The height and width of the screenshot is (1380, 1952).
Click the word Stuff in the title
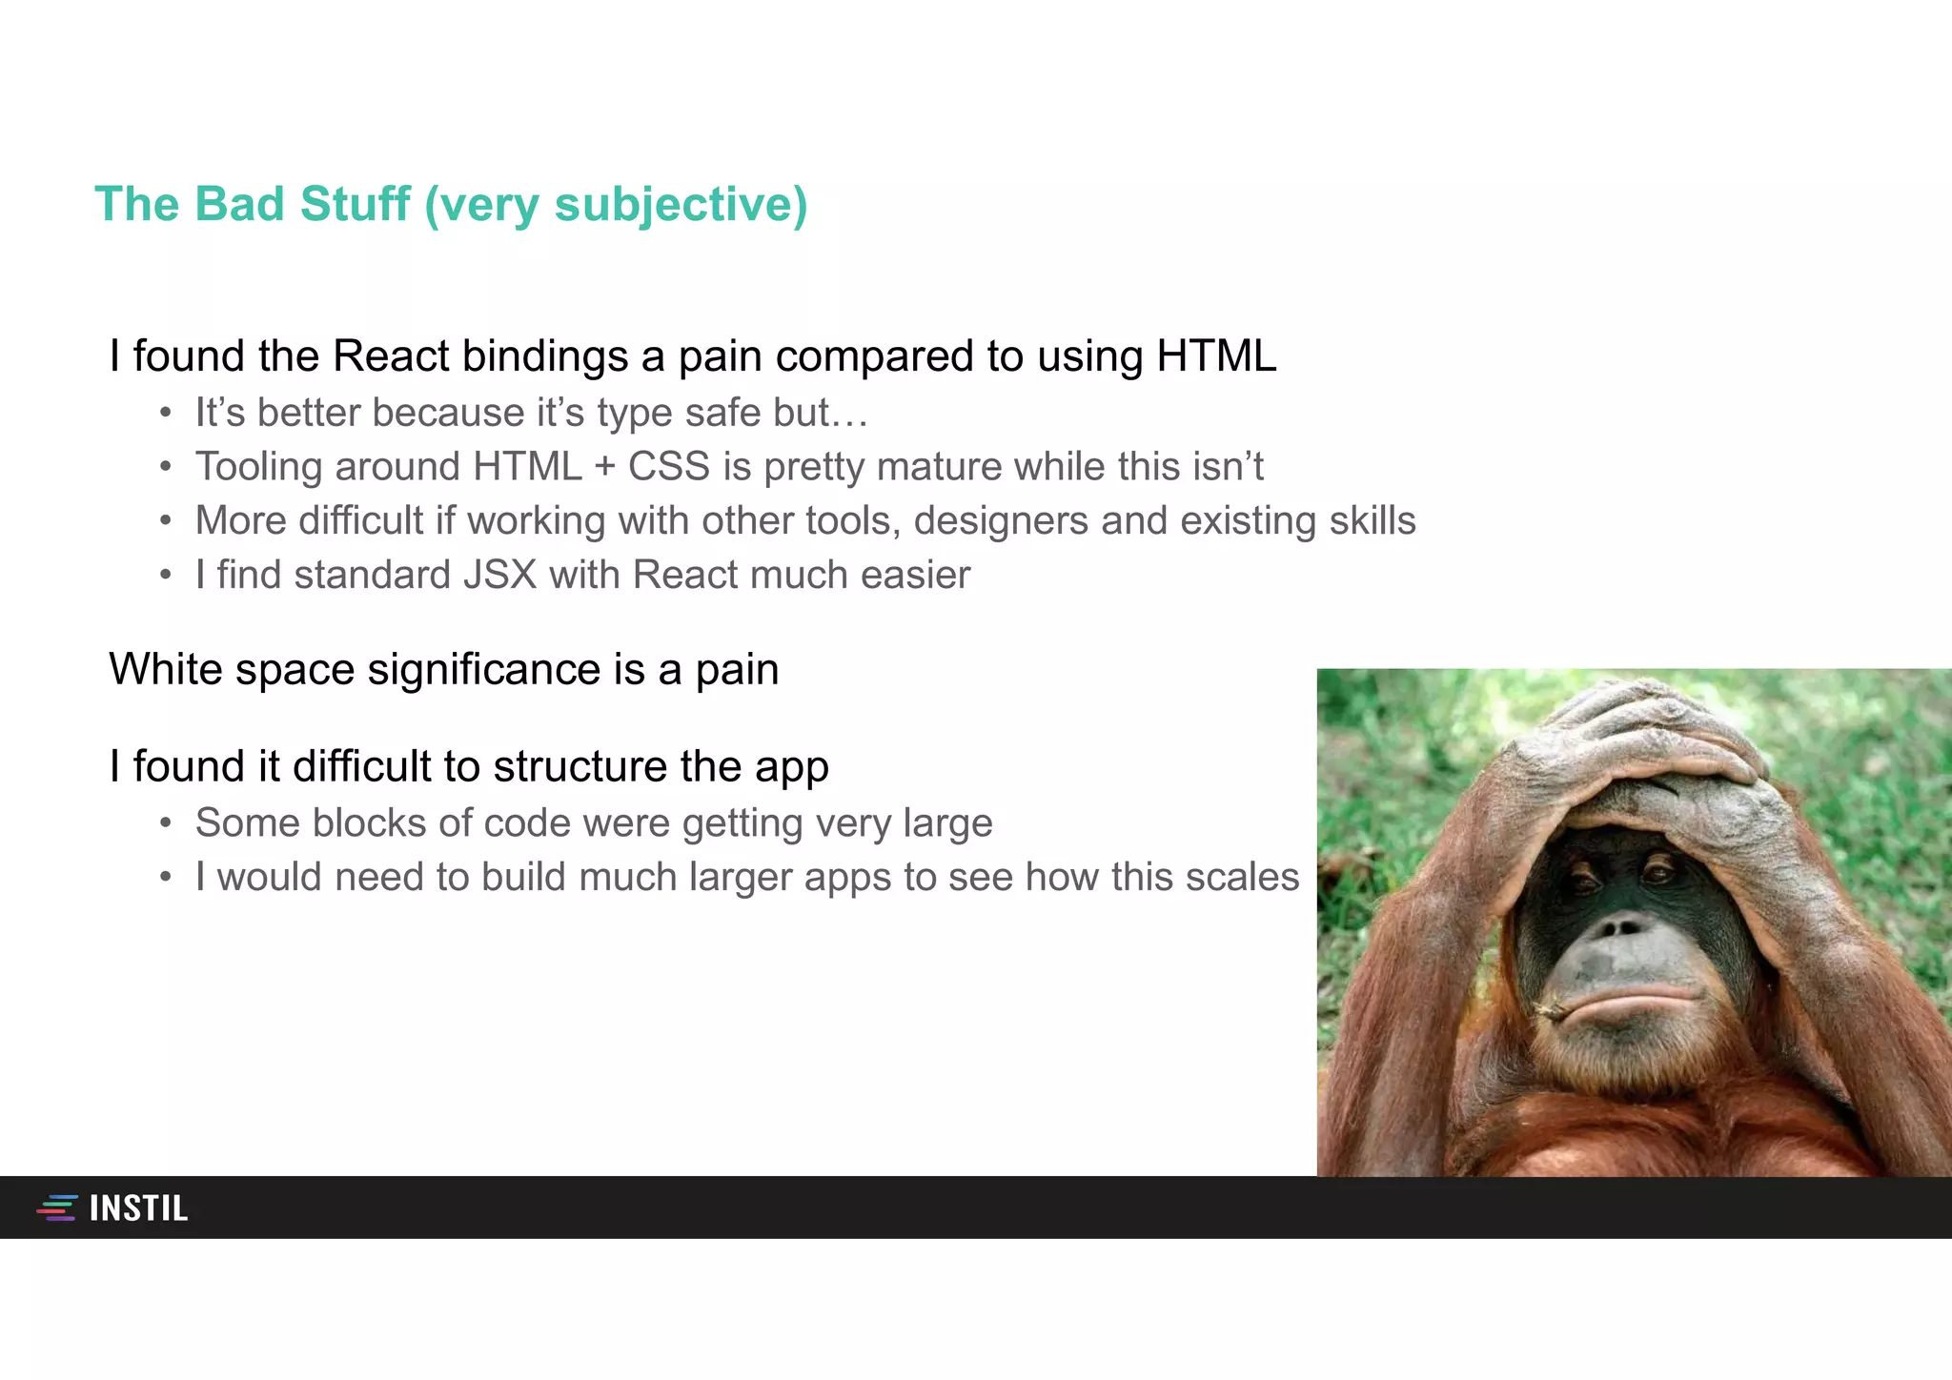pyautogui.click(x=355, y=204)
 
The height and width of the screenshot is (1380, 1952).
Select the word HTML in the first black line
pyautogui.click(x=1215, y=356)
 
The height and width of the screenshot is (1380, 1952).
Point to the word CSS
pyautogui.click(x=668, y=467)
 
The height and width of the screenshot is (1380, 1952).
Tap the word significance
pyautogui.click(x=484, y=669)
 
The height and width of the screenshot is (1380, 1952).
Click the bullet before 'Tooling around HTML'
pyautogui.click(x=166, y=467)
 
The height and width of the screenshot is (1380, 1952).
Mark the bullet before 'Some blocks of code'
pyautogui.click(x=166, y=822)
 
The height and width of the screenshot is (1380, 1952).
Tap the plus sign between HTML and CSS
pyautogui.click(x=604, y=467)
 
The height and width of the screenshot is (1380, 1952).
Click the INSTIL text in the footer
pyautogui.click(x=138, y=1208)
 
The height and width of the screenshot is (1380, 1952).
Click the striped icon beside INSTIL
pyautogui.click(x=57, y=1207)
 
